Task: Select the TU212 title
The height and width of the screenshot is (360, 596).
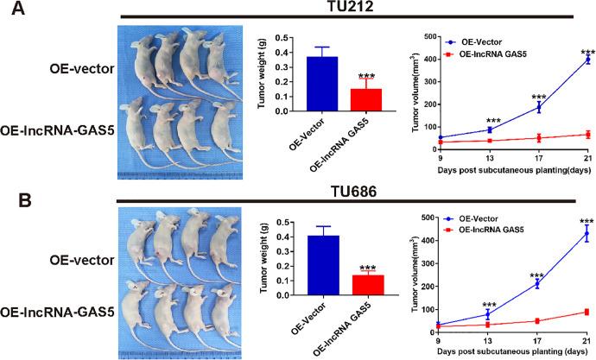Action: (356, 7)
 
